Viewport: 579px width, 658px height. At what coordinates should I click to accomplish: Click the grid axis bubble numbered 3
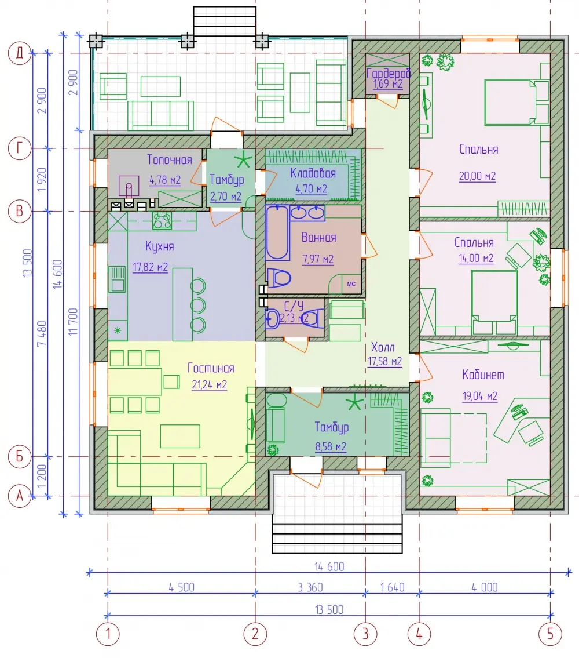365,634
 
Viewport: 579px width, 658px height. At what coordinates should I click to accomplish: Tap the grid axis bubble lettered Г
20,148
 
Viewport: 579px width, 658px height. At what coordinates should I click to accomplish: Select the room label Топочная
170,160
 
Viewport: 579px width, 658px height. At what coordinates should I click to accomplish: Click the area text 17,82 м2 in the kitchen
150,267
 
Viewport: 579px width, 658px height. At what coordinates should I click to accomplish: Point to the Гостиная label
211,368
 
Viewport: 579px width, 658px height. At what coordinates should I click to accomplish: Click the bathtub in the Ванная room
277,232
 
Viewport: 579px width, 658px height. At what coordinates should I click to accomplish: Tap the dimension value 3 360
310,587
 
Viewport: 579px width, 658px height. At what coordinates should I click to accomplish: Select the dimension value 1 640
393,587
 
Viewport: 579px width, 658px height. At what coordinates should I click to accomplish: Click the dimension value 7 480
42,333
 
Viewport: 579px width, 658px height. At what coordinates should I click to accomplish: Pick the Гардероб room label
389,73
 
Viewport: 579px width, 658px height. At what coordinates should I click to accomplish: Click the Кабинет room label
483,375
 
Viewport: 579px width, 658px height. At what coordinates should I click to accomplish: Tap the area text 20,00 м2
477,176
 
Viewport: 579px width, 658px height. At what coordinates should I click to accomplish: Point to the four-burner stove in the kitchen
162,220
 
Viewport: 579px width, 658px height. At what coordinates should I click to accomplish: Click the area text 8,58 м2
331,446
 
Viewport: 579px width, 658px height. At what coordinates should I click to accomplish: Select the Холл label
382,347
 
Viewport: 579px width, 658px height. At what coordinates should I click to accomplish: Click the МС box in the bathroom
351,284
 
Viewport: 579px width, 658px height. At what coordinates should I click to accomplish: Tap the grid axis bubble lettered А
20,496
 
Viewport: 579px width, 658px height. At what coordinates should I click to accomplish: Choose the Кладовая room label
313,173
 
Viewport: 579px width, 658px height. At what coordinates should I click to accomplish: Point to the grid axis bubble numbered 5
550,634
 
